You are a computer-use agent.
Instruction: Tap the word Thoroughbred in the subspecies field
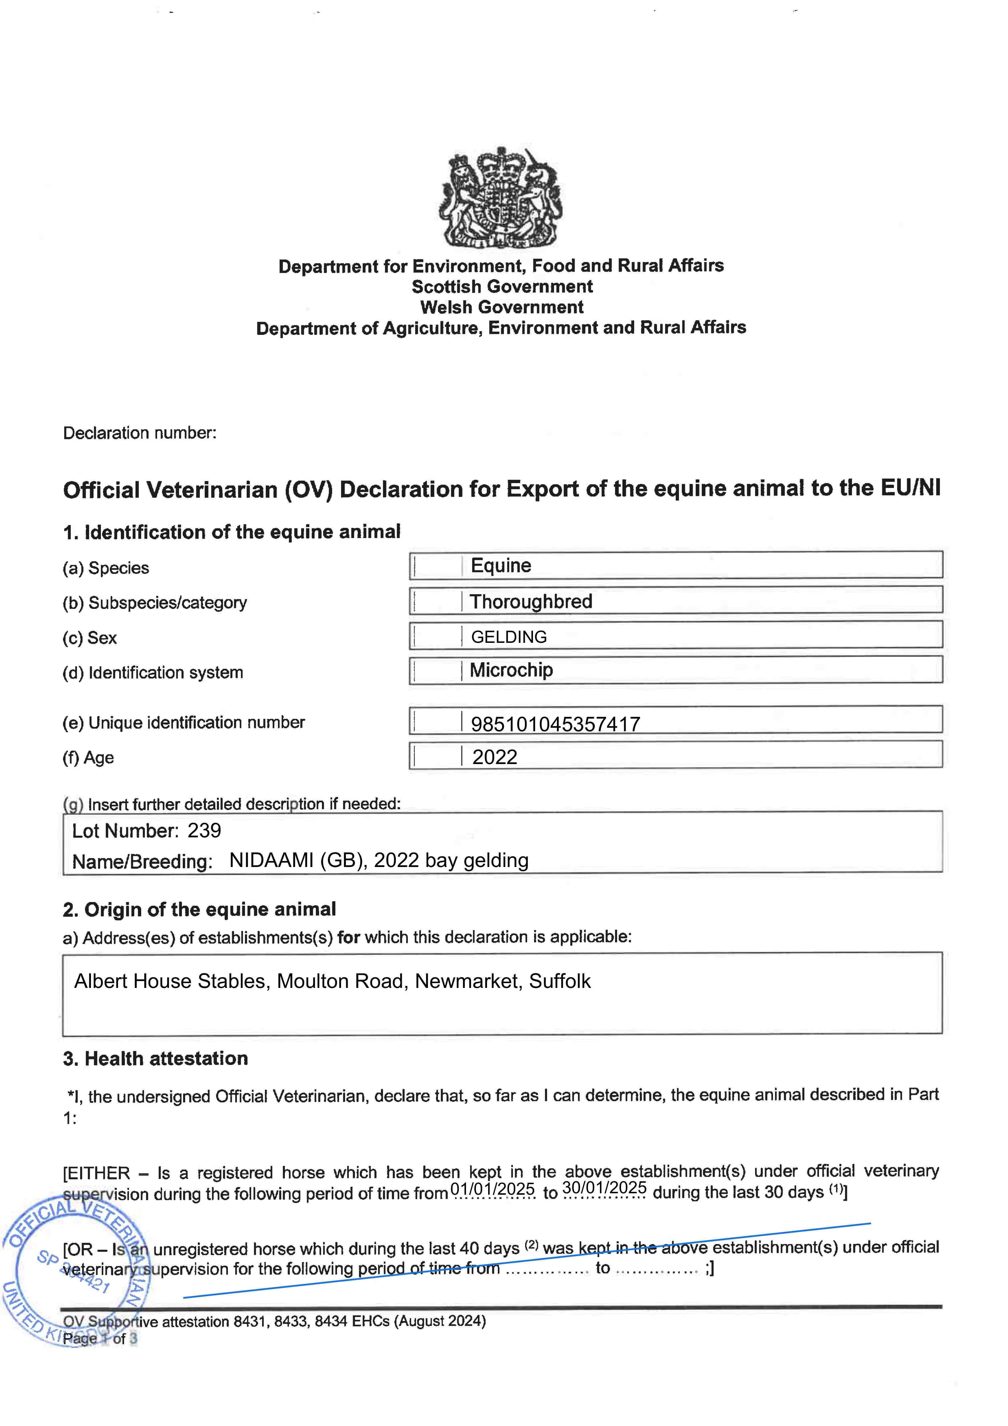click(x=531, y=601)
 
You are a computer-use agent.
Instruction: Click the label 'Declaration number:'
click(x=140, y=433)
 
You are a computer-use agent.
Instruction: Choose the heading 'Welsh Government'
click(x=502, y=307)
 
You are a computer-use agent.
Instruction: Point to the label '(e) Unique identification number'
click(x=184, y=722)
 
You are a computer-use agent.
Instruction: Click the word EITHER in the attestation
click(x=99, y=1173)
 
